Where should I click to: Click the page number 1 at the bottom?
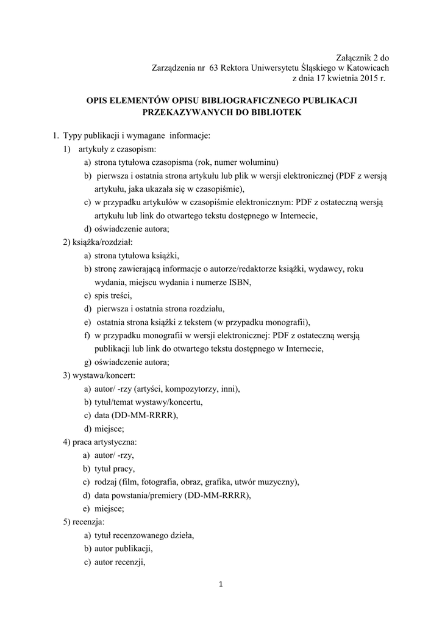[x=221, y=585]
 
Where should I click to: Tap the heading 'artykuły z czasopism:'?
[x=116, y=149]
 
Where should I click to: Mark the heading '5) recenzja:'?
[x=84, y=522]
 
